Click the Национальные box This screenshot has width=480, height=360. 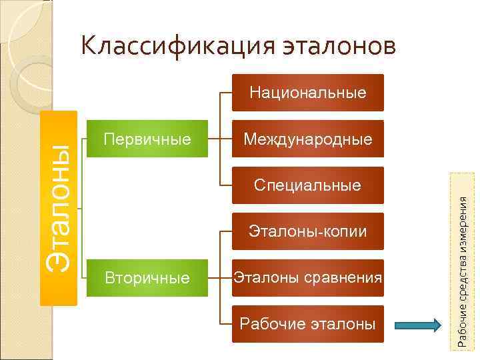point(308,93)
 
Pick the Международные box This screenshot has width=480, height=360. point(308,139)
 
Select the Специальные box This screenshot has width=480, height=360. point(308,185)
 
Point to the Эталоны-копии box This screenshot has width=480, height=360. point(308,231)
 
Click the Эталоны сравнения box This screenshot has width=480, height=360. point(308,277)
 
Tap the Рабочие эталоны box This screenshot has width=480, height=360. point(308,324)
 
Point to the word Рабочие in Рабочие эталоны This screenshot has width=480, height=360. point(271,324)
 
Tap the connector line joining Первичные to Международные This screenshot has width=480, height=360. point(219,139)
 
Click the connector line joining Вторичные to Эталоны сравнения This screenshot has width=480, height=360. point(219,277)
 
